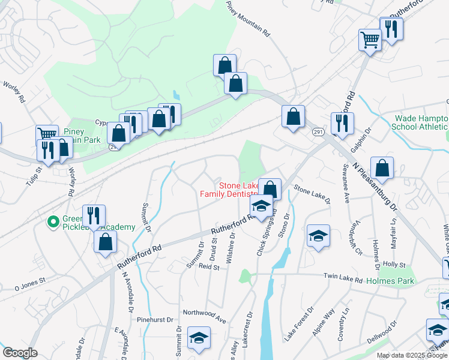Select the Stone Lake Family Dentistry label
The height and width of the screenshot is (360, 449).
229,190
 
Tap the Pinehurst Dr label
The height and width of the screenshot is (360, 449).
153,320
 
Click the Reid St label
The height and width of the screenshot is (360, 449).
209,266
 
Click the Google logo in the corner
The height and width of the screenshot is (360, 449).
20,353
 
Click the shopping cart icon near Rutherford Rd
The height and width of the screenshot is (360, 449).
370,40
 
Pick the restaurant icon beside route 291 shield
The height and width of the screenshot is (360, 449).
342,122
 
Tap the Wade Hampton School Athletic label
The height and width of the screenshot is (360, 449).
420,122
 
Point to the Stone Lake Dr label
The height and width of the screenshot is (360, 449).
312,197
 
